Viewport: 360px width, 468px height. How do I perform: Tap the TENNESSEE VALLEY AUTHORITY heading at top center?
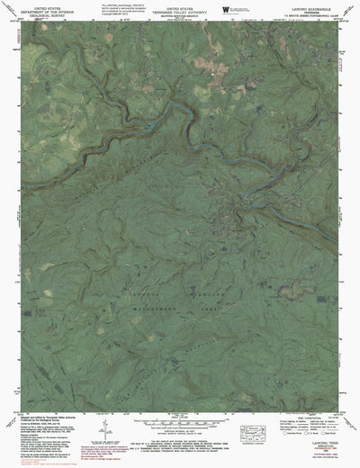click(180, 10)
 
